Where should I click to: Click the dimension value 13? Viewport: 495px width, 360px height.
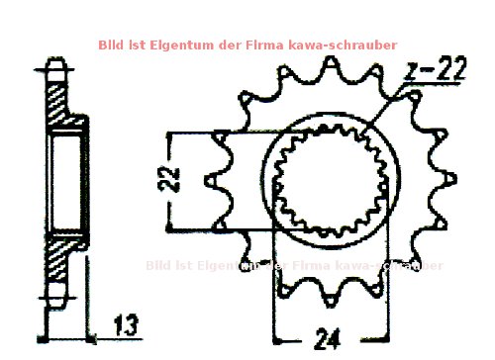click(126, 324)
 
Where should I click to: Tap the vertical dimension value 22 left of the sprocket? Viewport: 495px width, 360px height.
click(171, 178)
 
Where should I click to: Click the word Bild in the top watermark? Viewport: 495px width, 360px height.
click(111, 45)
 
